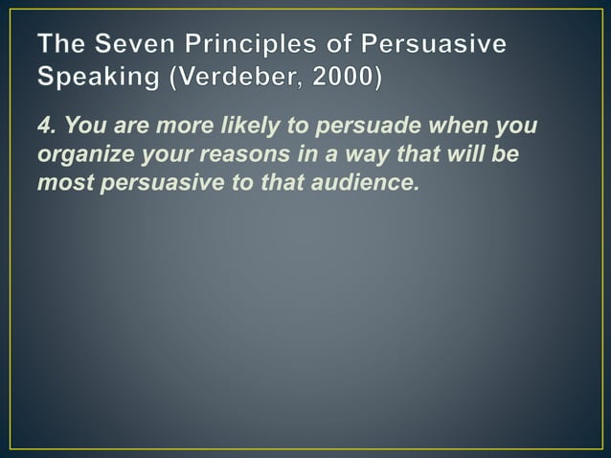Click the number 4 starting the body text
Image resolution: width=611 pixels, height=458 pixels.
(44, 129)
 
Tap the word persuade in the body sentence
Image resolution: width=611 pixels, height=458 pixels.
(352, 129)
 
